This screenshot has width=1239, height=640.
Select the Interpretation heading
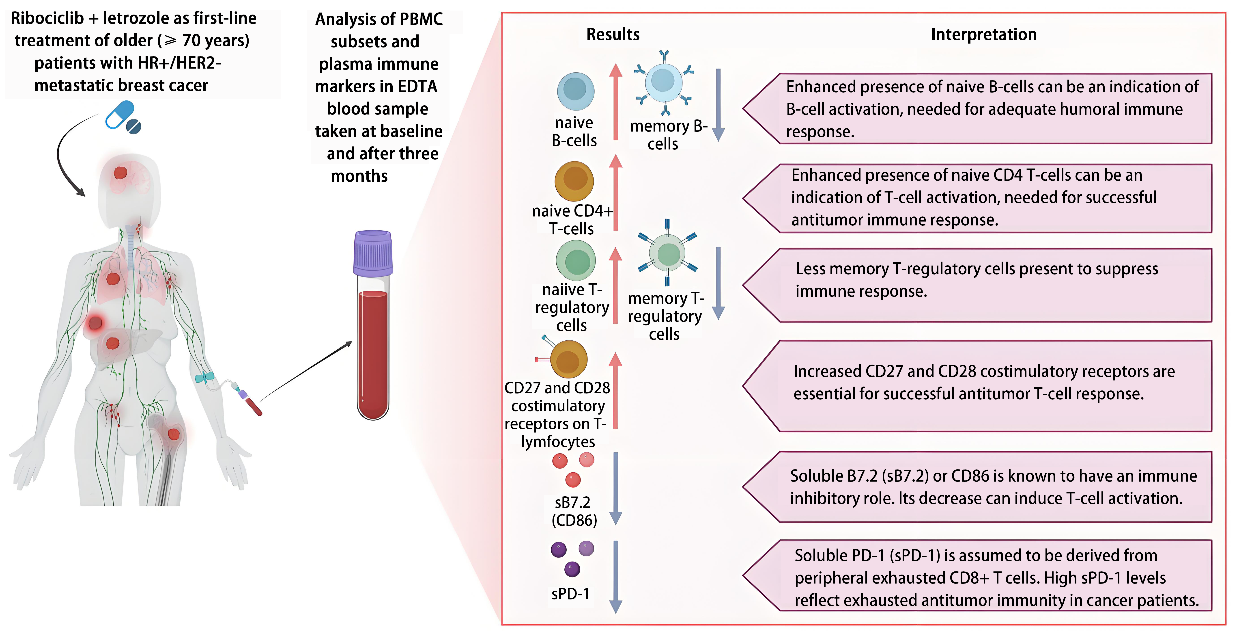984,35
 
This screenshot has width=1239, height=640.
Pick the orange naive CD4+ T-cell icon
574,181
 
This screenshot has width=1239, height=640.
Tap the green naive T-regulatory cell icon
576,261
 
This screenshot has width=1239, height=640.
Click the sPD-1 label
570,594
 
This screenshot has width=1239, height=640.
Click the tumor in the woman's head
120,172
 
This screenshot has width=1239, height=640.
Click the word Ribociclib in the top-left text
47,18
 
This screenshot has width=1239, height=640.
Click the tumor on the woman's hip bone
174,434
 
